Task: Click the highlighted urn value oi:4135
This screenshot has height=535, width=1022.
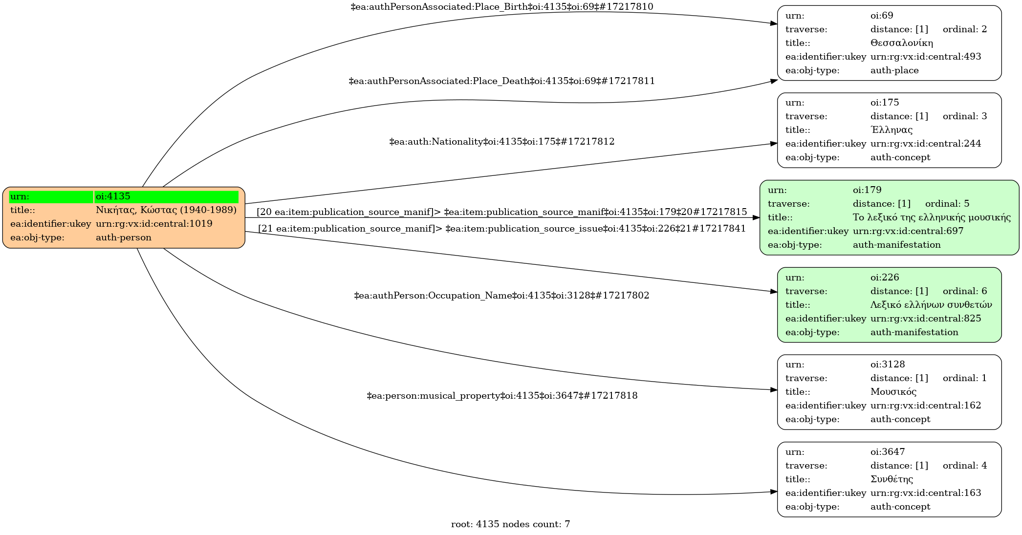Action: pyautogui.click(x=113, y=196)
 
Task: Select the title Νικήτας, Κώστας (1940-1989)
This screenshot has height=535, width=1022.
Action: pyautogui.click(x=166, y=210)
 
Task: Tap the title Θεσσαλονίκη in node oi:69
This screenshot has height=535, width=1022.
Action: pyautogui.click(x=901, y=43)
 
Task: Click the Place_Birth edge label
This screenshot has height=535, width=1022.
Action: pyautogui.click(x=501, y=7)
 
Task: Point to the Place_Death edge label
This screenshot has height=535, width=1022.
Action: pyautogui.click(x=501, y=81)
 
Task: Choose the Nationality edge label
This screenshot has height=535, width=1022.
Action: pyautogui.click(x=501, y=142)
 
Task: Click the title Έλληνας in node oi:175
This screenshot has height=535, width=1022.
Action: pyautogui.click(x=891, y=130)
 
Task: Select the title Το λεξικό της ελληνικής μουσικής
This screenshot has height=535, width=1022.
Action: pyautogui.click(x=932, y=217)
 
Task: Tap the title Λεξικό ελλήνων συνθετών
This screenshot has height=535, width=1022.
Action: pyautogui.click(x=931, y=305)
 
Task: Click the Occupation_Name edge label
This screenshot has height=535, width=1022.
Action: pyautogui.click(x=501, y=296)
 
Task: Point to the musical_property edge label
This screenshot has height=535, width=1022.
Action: pyautogui.click(x=501, y=396)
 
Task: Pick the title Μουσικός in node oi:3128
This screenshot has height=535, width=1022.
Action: pyautogui.click(x=893, y=392)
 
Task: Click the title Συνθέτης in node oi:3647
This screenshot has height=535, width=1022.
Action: pyautogui.click(x=892, y=479)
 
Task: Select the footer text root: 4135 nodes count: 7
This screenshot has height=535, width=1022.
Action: pyautogui.click(x=510, y=524)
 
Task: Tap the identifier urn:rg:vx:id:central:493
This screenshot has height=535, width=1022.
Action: pyautogui.click(x=925, y=57)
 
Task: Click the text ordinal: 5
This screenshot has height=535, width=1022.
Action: pyautogui.click(x=947, y=204)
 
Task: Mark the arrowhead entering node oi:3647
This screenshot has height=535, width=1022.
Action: pyautogui.click(x=774, y=492)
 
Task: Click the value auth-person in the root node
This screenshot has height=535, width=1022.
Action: pyautogui.click(x=124, y=237)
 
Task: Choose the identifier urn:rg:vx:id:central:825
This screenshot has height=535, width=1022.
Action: pyautogui.click(x=925, y=319)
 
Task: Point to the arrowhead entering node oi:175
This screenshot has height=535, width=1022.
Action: pyautogui.click(x=774, y=144)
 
